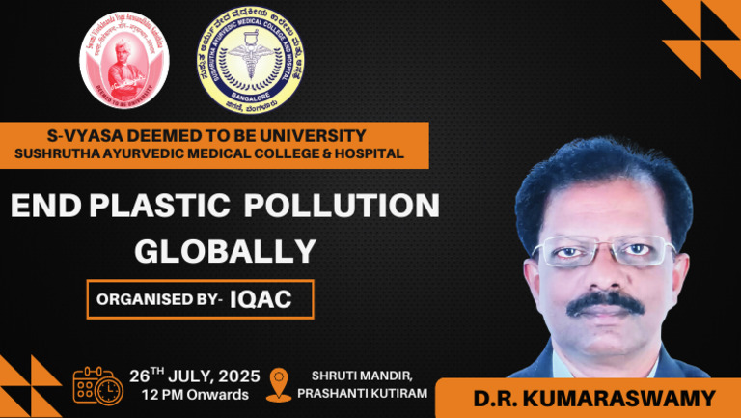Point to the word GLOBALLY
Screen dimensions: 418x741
[x=225, y=251]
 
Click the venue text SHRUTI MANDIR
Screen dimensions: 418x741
[x=352, y=375]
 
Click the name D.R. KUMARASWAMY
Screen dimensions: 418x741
[x=587, y=397]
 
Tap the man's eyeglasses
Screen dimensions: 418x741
[x=603, y=251]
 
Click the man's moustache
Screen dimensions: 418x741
[x=605, y=302]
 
